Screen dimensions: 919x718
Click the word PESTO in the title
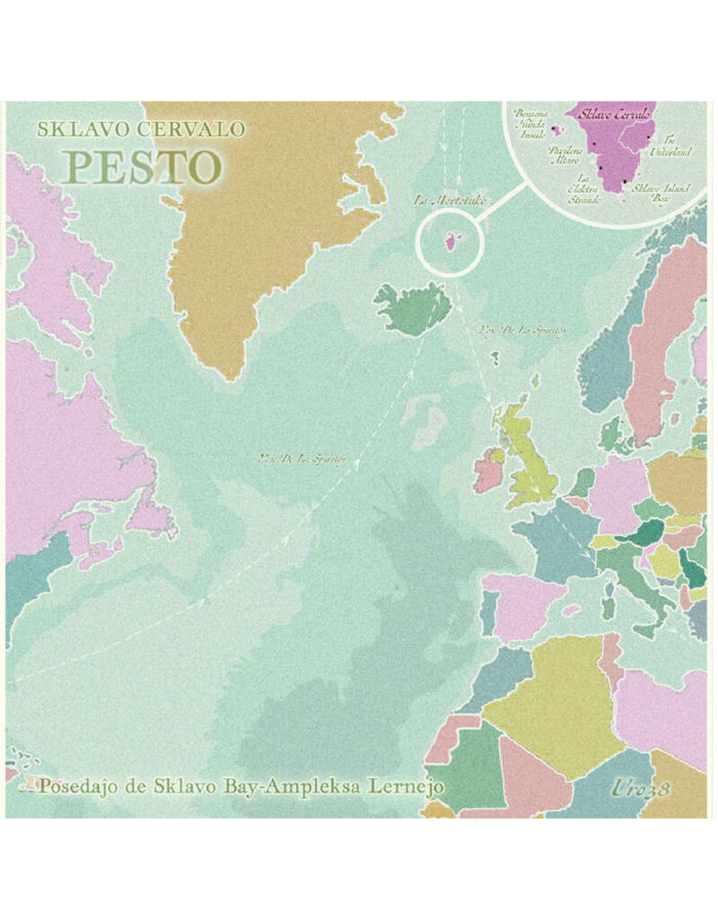coord(142,166)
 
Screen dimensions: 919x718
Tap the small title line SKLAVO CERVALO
coord(141,129)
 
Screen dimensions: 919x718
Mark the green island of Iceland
coord(412,309)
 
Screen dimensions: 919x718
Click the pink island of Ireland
coord(489,471)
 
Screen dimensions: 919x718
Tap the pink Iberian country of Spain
coord(524,607)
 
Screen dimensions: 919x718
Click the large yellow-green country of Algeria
coord(552,700)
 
